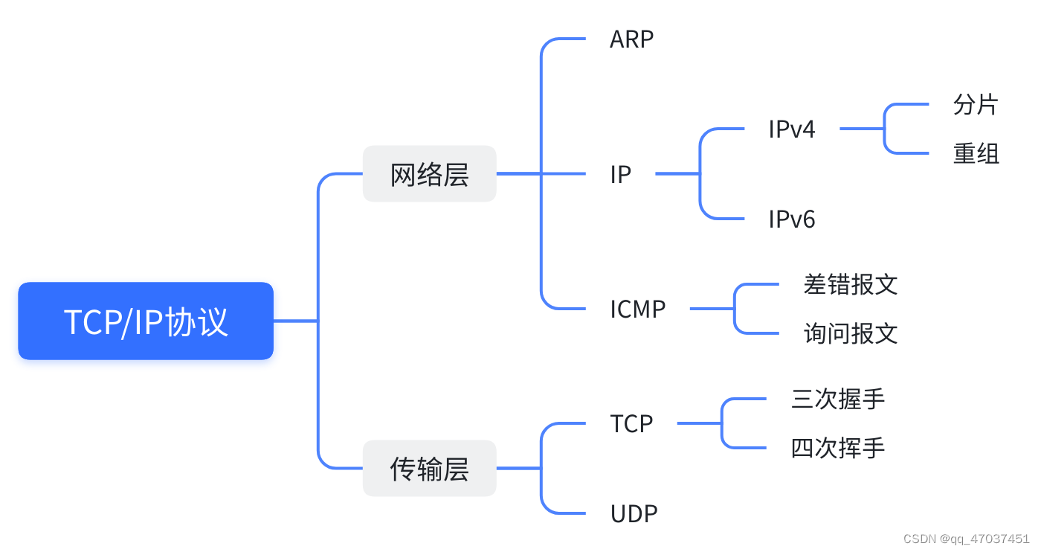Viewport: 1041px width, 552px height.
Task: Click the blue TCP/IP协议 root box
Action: (x=146, y=321)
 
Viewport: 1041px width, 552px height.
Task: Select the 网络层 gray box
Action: (x=429, y=174)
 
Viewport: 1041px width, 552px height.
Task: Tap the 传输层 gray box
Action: (x=429, y=469)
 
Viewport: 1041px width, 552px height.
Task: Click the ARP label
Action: (x=631, y=39)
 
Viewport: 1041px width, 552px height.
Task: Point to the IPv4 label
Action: (x=791, y=129)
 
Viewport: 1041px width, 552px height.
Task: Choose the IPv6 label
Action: (x=791, y=219)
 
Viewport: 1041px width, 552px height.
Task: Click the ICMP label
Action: (x=637, y=309)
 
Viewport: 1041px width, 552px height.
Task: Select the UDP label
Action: (x=634, y=514)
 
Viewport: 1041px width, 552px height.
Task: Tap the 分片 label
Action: (x=976, y=105)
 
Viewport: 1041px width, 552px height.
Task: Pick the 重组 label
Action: (x=976, y=154)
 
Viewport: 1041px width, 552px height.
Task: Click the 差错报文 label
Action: (x=850, y=284)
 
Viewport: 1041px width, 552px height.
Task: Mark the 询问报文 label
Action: (x=850, y=333)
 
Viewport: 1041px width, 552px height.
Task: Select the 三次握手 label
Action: (x=838, y=399)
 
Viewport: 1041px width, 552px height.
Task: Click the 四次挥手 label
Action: (x=838, y=449)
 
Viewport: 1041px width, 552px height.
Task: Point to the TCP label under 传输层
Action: (x=631, y=424)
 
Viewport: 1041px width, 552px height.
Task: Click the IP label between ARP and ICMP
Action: (x=620, y=174)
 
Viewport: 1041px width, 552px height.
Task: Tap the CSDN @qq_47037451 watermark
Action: (x=966, y=539)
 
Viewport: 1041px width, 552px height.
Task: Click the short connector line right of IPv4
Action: (x=861, y=129)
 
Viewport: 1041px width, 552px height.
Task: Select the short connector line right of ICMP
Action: (x=712, y=309)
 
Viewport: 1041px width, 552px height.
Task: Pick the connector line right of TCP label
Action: (x=699, y=424)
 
